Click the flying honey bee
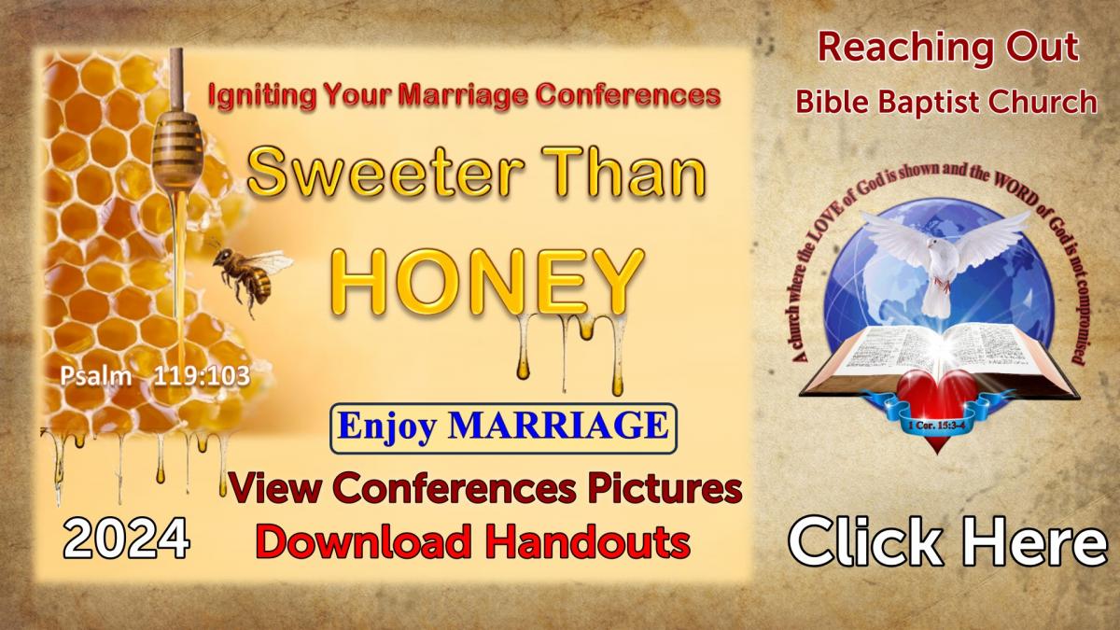pos(250,275)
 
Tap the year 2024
pos(127,539)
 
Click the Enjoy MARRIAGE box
pos(503,428)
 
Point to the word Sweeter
pos(383,172)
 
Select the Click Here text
pos(947,541)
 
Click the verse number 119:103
pos(202,376)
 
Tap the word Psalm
pos(96,376)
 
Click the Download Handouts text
pos(473,541)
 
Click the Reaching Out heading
pos(947,49)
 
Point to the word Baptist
pos(932,103)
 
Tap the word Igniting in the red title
pos(261,96)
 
